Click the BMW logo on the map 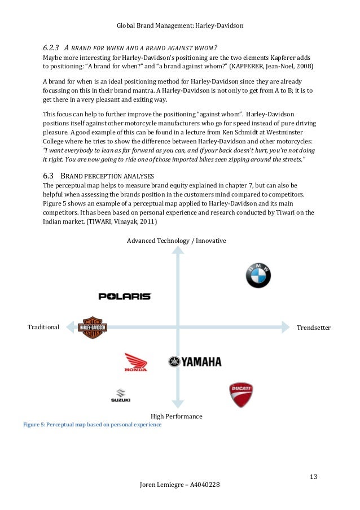[258, 275]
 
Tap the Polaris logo [125, 296]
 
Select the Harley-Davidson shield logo [93, 327]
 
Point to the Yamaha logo [195, 362]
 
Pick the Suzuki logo [120, 396]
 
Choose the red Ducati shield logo [240, 395]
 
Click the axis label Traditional [43, 328]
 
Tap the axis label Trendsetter [313, 328]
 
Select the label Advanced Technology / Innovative [176, 241]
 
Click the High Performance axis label [177, 416]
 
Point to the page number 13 [314, 477]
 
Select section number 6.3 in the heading [50, 176]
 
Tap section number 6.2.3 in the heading [54, 46]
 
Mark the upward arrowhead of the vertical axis [178, 251]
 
